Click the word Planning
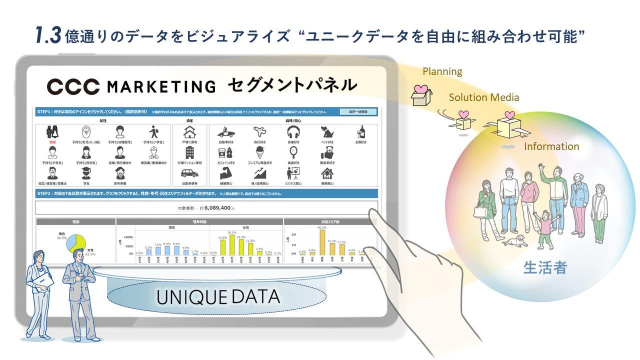442,71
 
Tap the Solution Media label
483,97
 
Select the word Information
551,146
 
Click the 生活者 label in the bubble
545,268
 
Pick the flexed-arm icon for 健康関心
225,173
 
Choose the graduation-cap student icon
86,173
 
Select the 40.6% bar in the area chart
322,242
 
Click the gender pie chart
76,243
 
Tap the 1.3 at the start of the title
48,35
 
